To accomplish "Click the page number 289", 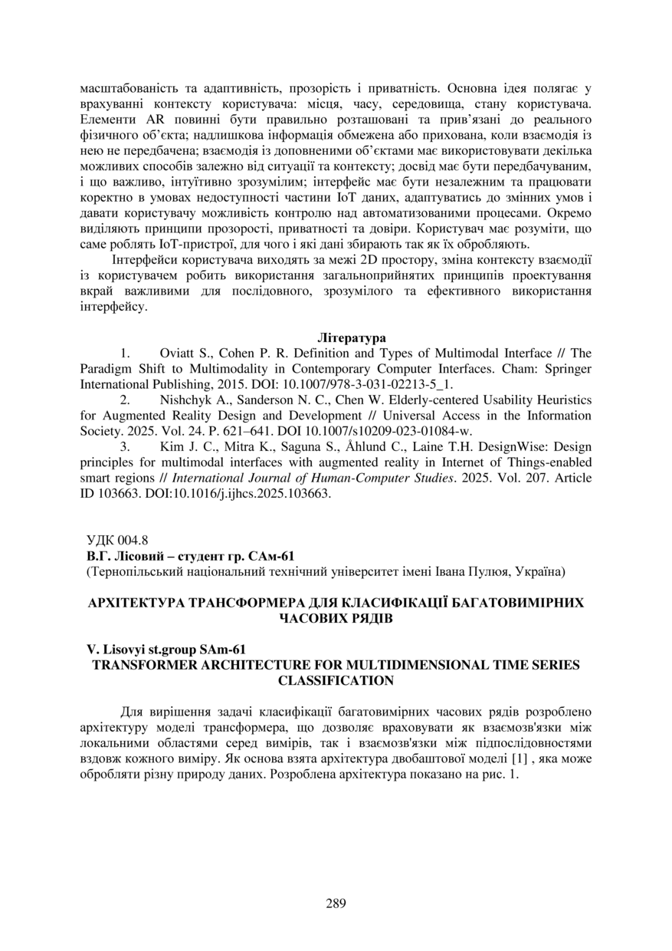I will pyautogui.click(x=336, y=903).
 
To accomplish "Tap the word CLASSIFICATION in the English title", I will pyautogui.click(x=336, y=680).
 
